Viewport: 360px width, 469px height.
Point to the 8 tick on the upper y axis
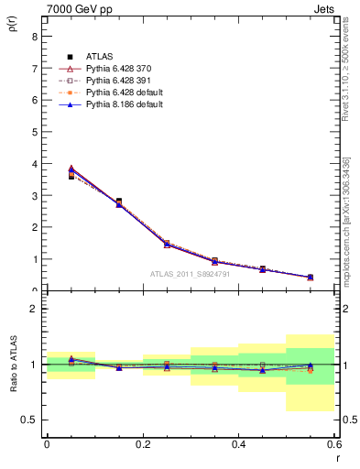click(x=34, y=37)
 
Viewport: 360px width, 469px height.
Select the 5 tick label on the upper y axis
click(x=34, y=132)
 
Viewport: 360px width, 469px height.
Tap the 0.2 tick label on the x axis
click(x=142, y=443)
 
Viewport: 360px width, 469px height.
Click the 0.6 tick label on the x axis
click(x=333, y=443)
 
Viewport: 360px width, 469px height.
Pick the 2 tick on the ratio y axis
click(x=34, y=309)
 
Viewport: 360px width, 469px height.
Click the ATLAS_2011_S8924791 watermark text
click(x=190, y=273)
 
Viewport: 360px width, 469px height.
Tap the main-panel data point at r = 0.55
click(x=310, y=277)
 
